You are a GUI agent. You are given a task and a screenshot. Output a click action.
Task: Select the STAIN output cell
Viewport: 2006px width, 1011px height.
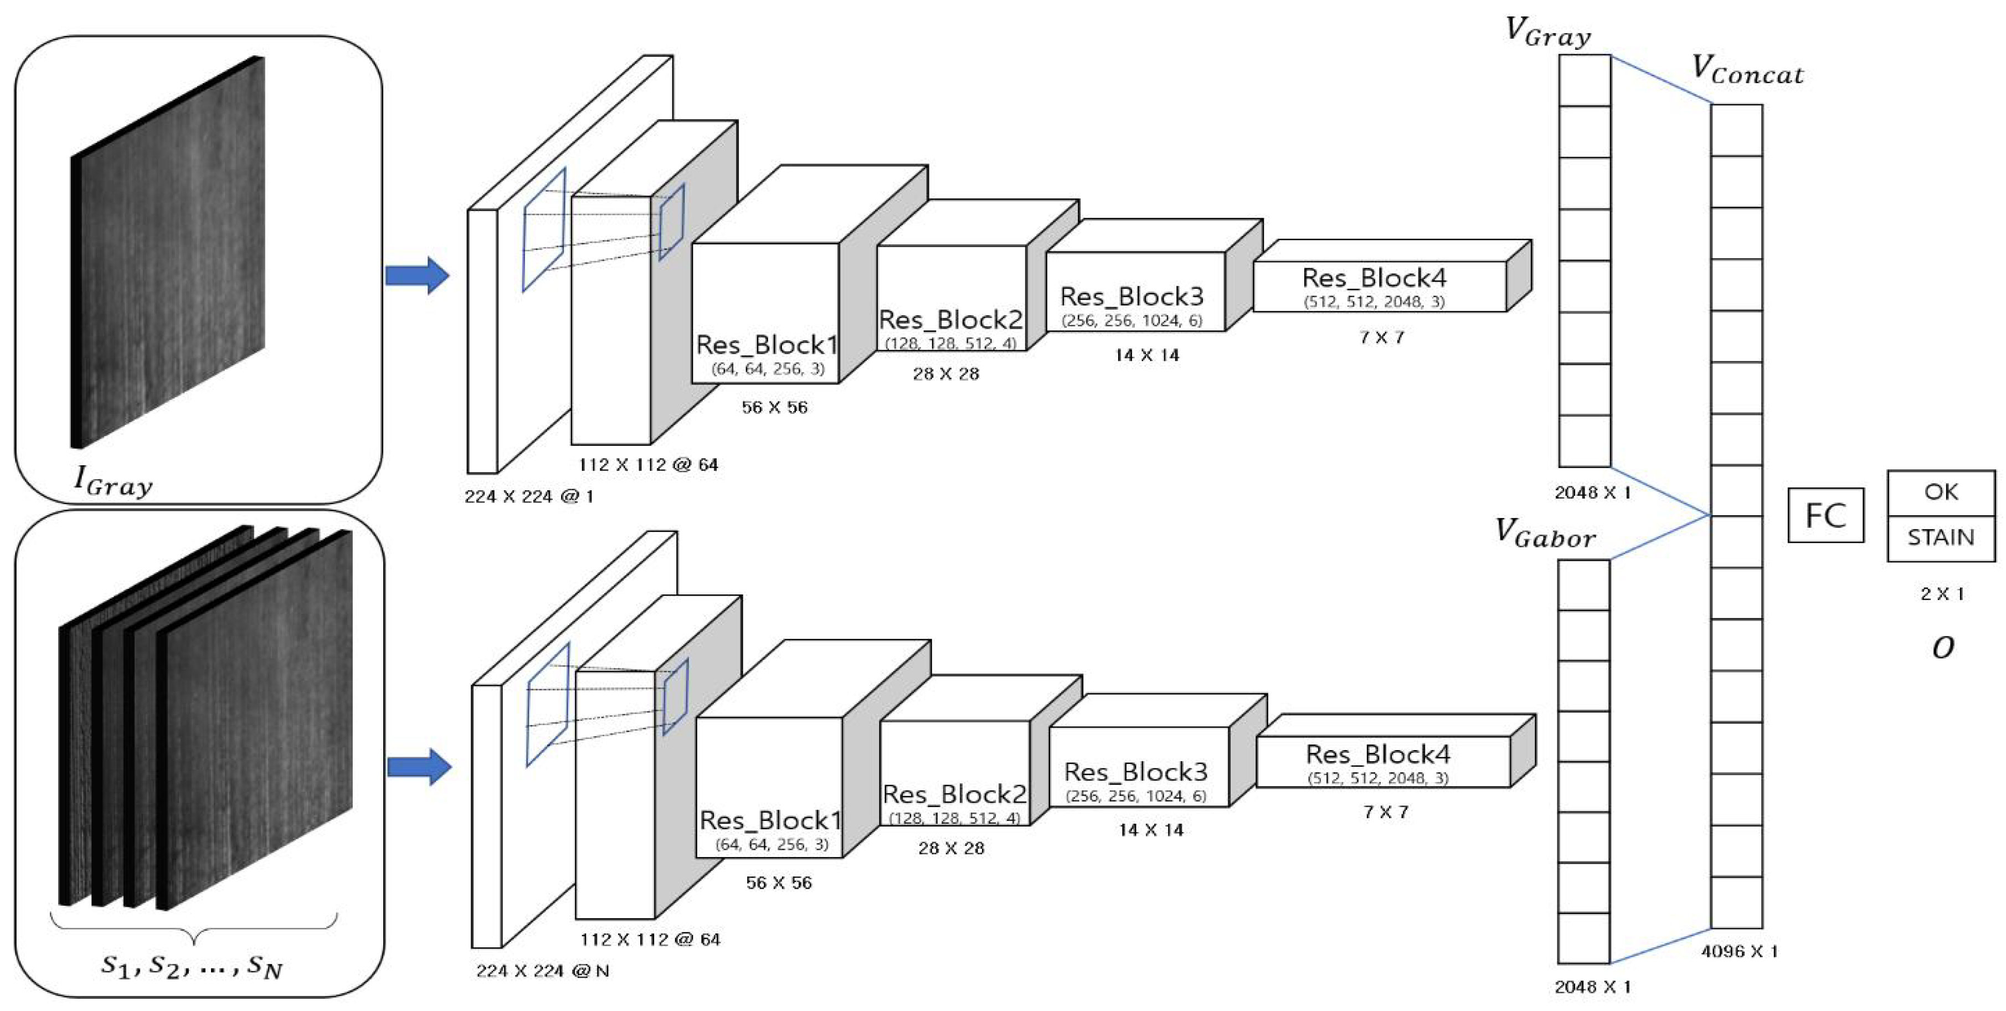[1941, 537]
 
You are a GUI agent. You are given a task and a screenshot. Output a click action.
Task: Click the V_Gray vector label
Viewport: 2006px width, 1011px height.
[1547, 32]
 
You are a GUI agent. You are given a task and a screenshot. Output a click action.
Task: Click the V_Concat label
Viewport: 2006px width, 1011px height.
[1747, 70]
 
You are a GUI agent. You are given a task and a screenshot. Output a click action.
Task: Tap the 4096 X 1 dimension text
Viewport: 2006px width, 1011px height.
[1739, 951]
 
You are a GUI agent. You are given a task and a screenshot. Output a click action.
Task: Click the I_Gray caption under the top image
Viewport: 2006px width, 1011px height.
[113, 481]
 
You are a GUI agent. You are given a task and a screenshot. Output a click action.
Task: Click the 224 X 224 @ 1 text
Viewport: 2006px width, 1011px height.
[529, 496]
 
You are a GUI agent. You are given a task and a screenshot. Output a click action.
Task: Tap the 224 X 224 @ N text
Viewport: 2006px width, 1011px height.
[542, 971]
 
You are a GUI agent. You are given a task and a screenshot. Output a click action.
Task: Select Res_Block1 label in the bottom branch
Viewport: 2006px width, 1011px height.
[769, 820]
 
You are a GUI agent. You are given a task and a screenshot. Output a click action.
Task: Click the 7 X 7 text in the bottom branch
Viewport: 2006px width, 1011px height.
[1385, 812]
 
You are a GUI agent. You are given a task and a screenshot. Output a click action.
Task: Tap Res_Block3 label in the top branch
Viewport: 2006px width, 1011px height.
[1131, 297]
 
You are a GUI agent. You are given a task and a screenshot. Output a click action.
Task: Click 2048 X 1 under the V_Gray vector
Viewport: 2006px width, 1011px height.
[1592, 493]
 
